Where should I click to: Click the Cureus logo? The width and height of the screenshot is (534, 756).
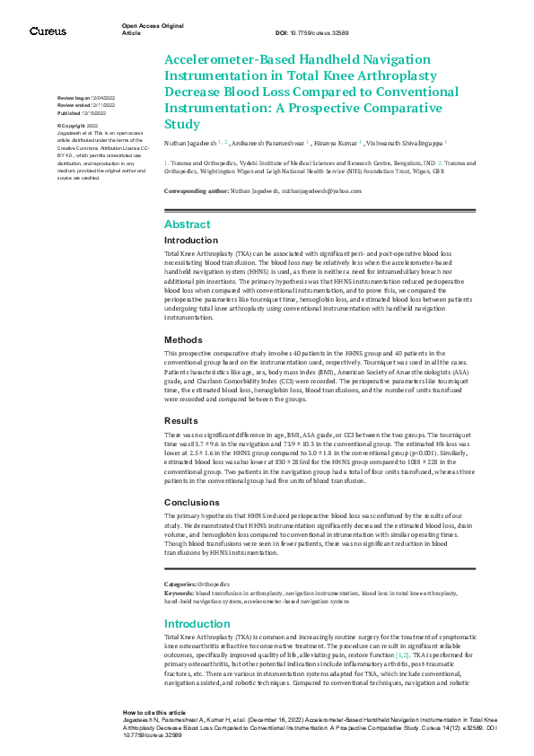click(48, 32)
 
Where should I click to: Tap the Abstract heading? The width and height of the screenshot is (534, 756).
click(188, 224)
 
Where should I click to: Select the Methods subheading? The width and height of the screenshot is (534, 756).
click(183, 339)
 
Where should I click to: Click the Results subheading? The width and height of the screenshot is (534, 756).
click(180, 420)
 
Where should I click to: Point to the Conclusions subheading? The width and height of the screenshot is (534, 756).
click(190, 502)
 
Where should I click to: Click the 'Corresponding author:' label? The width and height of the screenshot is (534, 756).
click(196, 191)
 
